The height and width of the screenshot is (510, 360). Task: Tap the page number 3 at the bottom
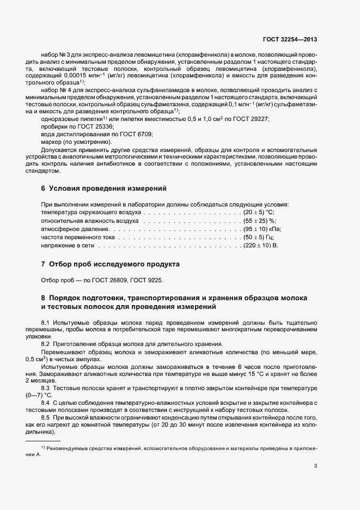click(316, 466)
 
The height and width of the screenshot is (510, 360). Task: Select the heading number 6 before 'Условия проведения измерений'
click(43, 189)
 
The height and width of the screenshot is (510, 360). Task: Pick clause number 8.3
click(46, 386)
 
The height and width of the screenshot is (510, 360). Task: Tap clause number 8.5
click(46, 417)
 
